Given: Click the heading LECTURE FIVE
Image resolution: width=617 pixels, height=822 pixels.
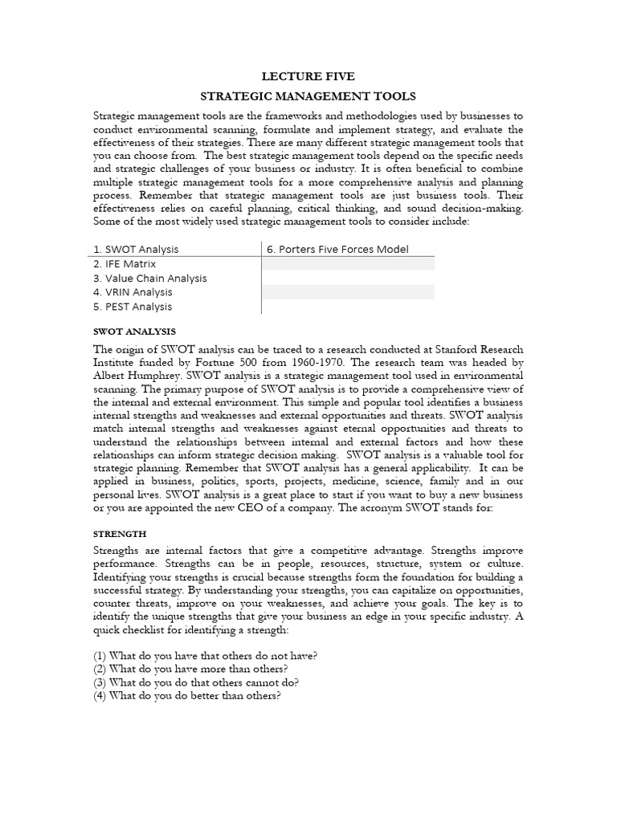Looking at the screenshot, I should (308, 78).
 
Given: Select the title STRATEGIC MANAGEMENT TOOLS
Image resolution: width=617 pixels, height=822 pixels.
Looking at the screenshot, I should (308, 96).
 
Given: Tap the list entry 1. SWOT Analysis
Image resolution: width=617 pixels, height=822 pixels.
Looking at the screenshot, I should (137, 249).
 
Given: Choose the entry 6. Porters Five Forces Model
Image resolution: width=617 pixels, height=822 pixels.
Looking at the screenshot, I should (337, 249).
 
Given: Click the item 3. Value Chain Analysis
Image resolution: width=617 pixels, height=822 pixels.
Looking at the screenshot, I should (150, 278).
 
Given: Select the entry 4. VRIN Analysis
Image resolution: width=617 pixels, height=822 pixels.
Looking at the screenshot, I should (133, 292).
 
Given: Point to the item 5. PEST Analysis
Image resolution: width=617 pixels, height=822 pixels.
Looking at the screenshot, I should (133, 307).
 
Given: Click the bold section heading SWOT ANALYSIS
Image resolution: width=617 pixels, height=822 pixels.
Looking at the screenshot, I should (134, 332).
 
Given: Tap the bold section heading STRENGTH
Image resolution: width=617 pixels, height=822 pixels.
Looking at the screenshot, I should (120, 533).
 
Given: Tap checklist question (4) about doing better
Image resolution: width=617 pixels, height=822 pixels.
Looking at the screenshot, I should (187, 696).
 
